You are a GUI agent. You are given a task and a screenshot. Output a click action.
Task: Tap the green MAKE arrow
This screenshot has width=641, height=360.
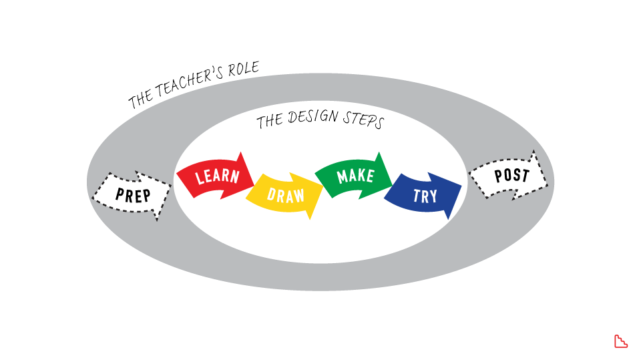point(354,176)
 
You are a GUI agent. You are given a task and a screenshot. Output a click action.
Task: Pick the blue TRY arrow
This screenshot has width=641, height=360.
point(424,195)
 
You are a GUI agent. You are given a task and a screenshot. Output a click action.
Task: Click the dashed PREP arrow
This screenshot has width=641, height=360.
point(133,194)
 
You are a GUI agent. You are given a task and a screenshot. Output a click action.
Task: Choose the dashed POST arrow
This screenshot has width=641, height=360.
point(511,176)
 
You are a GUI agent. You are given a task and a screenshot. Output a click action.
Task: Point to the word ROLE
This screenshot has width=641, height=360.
point(242,69)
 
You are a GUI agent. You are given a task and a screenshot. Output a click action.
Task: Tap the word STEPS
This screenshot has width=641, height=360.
point(363,122)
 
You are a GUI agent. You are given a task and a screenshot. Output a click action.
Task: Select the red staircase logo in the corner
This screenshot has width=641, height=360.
point(620,341)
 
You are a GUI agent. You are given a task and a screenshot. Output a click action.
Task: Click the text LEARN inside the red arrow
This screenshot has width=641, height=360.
point(217,177)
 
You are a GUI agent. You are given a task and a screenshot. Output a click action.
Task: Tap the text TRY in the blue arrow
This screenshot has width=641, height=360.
point(425,196)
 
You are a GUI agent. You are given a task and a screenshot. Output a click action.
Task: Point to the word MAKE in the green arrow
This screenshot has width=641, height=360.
point(355,176)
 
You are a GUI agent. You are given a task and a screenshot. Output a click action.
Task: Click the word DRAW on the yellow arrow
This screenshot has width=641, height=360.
point(286,195)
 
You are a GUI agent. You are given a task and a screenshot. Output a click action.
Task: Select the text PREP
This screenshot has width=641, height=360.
point(133,194)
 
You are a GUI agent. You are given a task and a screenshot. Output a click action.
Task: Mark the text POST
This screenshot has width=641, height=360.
point(511,176)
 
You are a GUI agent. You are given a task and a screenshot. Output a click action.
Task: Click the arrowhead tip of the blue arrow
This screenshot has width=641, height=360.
point(460,185)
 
